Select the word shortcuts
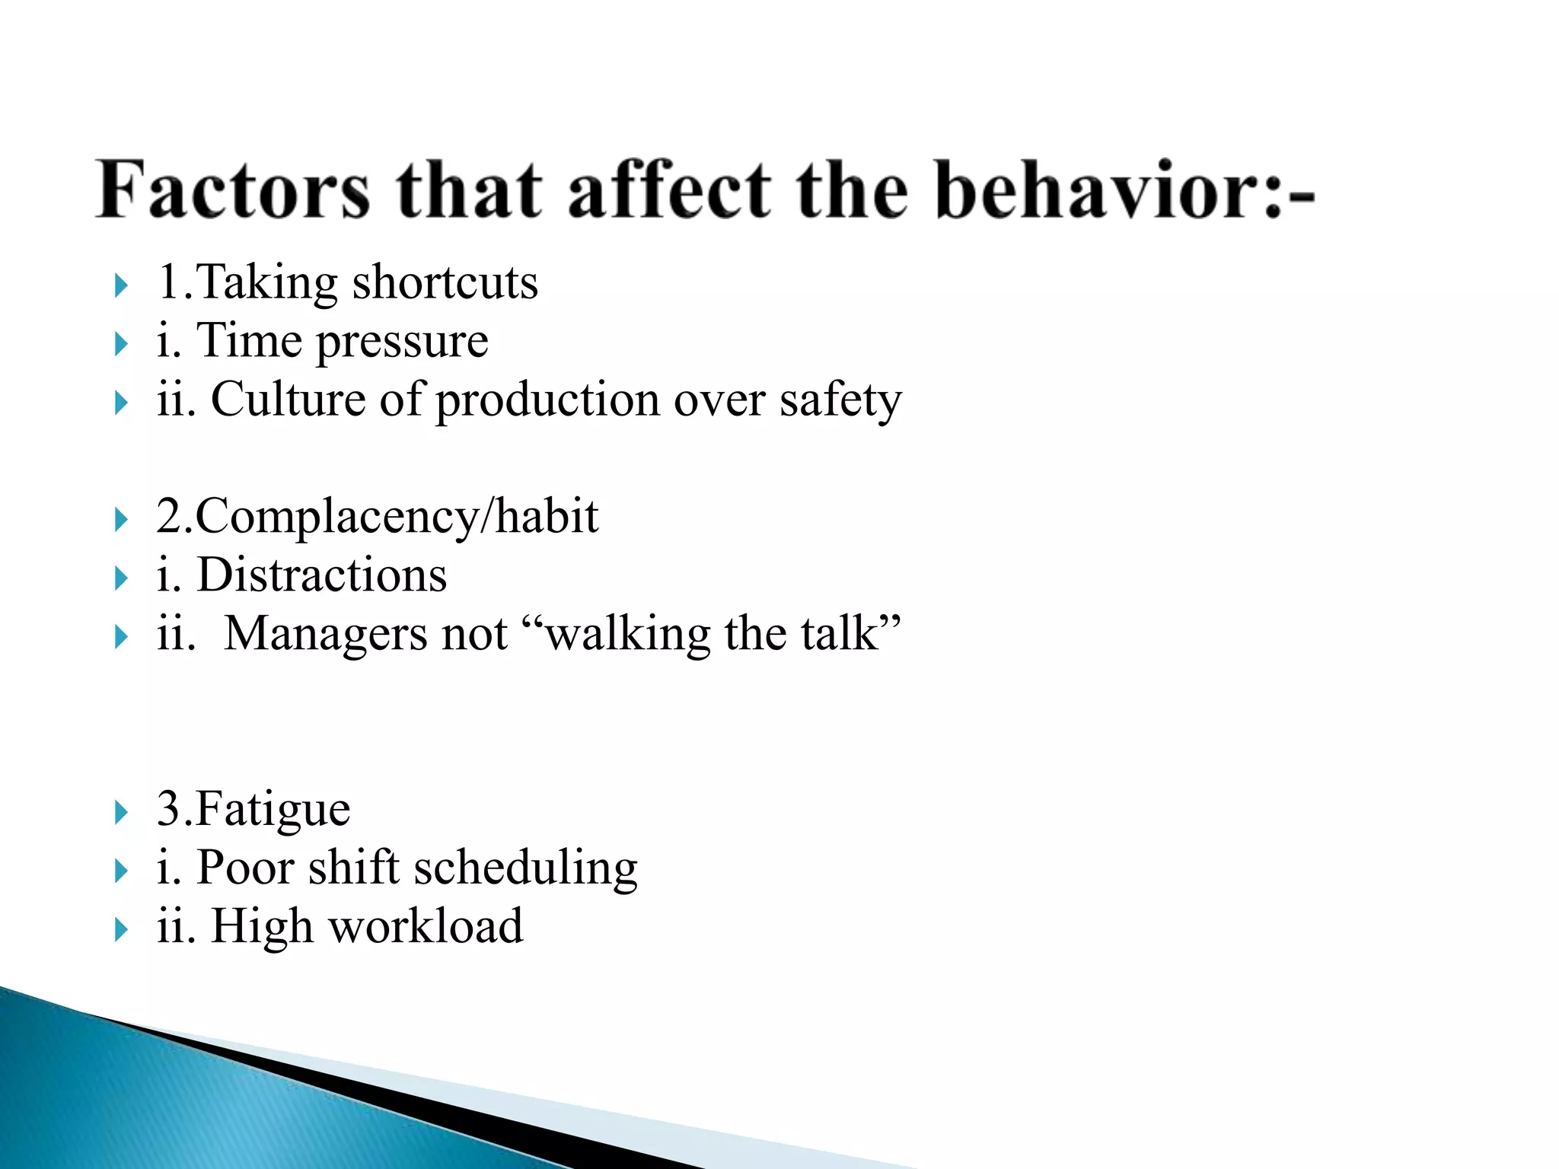tap(445, 283)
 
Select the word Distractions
tap(321, 575)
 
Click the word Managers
tap(327, 635)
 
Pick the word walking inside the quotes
tap(628, 635)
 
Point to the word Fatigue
tap(273, 810)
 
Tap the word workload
tap(426, 927)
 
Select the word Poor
tap(244, 868)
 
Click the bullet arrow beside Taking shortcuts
tap(121, 286)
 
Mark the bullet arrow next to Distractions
tap(121, 578)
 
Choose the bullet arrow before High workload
tap(121, 929)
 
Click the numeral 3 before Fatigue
tap(168, 809)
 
